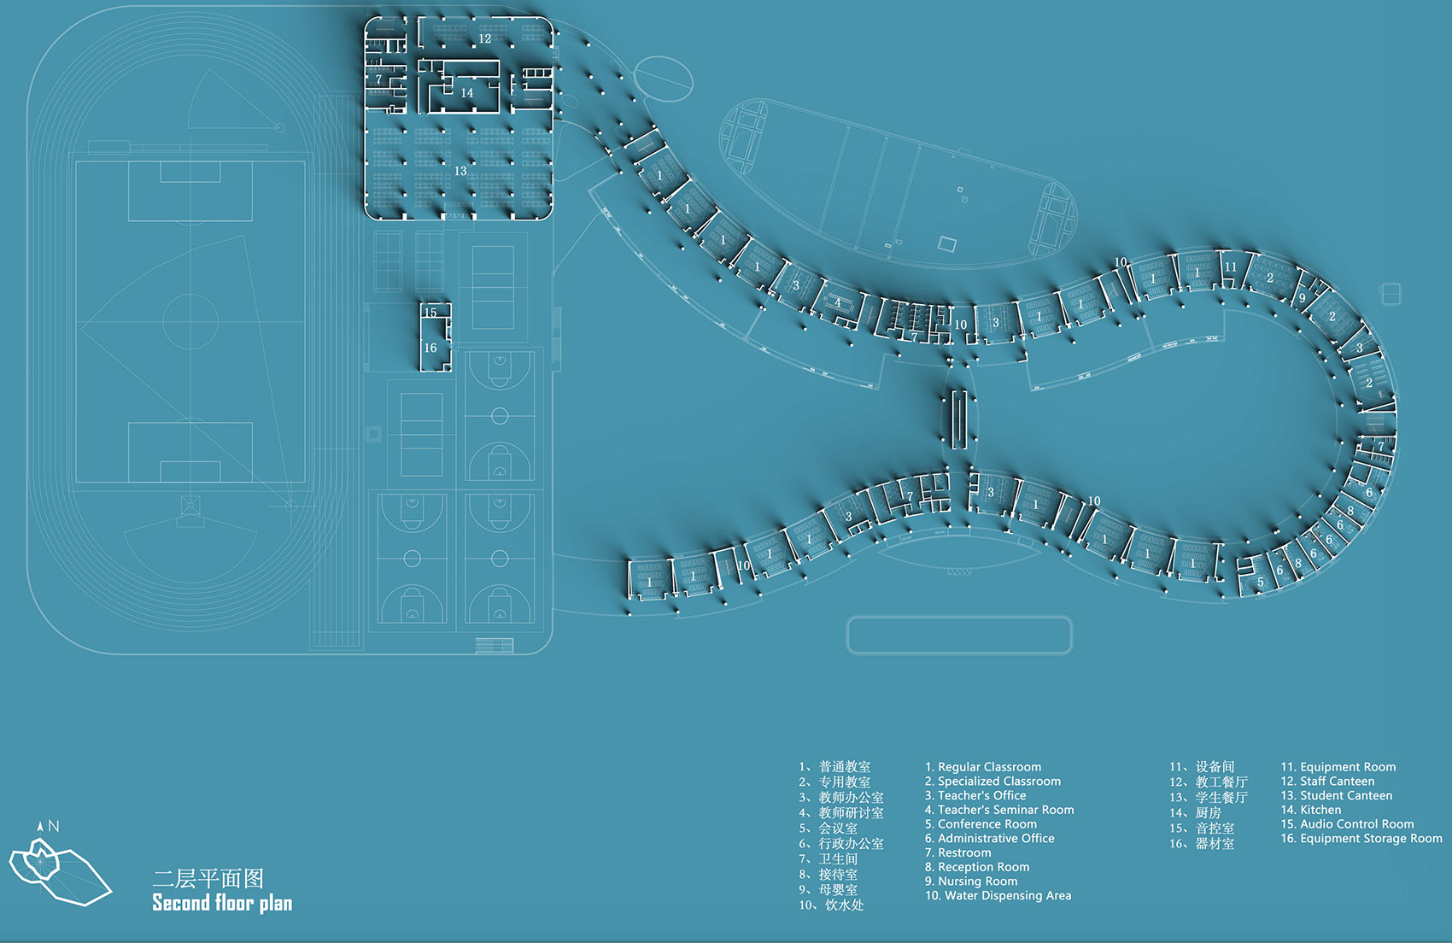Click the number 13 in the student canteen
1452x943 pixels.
click(x=460, y=171)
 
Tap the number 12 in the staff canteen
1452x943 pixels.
click(x=485, y=39)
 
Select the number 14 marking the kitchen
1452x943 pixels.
click(x=466, y=93)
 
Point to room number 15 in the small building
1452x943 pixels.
click(x=430, y=313)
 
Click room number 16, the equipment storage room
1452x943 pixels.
click(x=430, y=348)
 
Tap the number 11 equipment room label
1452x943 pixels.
click(x=1230, y=267)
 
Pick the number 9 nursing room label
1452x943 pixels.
click(x=1302, y=299)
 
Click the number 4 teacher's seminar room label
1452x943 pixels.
click(x=838, y=302)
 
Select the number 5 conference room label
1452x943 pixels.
click(x=1260, y=582)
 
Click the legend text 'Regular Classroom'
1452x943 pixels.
click(x=989, y=767)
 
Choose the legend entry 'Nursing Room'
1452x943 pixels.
click(x=977, y=881)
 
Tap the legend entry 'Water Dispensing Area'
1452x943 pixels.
click(x=1008, y=896)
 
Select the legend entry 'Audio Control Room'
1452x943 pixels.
click(x=1356, y=824)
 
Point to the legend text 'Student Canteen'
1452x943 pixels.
click(x=1346, y=796)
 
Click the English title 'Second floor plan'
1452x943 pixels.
click(x=222, y=904)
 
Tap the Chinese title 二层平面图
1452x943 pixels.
click(x=208, y=879)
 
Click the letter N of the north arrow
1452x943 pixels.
click(x=54, y=826)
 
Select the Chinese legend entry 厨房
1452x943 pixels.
click(x=1209, y=812)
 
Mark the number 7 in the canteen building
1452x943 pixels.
click(x=378, y=79)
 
